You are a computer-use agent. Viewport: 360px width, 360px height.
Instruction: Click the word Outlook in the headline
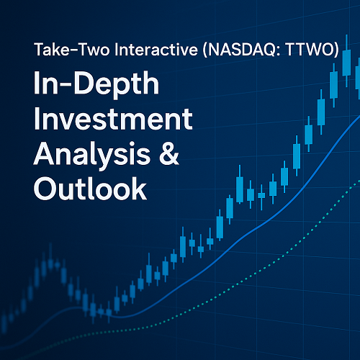[79, 189]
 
